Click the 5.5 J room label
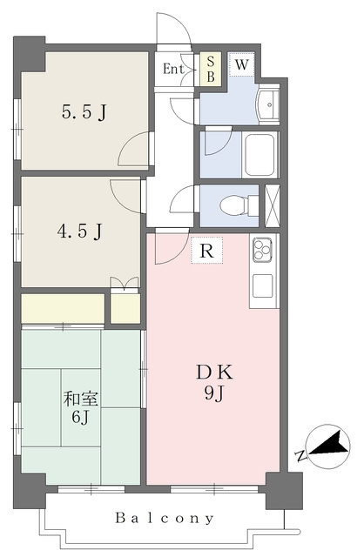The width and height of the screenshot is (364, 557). coord(84,113)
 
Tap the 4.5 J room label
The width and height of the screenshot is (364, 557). coord(79,232)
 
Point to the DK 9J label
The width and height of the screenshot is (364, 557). coord(214,383)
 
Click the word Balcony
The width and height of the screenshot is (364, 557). coord(165,519)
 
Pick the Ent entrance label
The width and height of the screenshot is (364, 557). coord(173,69)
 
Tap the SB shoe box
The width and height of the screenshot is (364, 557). coord(211,69)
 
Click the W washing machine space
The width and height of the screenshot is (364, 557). coord(241,64)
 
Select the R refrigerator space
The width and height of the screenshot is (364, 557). coord(207,251)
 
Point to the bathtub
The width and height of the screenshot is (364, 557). coord(260,155)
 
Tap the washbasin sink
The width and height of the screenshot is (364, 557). coord(268,104)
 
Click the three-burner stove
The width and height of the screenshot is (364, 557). coord(262,250)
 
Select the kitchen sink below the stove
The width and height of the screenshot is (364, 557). coord(262,286)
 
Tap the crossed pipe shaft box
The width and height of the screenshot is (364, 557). coord(273,205)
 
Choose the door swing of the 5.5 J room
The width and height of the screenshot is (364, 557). coord(133,149)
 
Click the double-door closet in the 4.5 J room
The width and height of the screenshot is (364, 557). coord(125,285)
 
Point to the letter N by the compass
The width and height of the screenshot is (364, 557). coord(300,455)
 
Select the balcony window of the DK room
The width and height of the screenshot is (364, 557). coord(214,489)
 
